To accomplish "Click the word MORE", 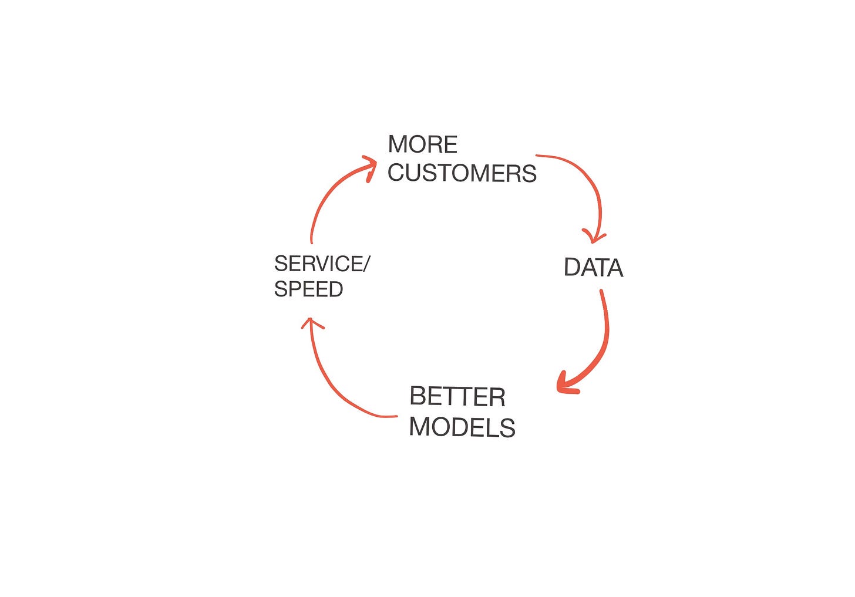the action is point(423,144).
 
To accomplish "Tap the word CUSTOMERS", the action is point(462,173).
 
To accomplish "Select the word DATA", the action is point(594,267).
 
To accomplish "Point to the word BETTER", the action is point(457,396).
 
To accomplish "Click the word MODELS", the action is point(462,427).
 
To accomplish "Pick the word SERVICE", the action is point(318,264).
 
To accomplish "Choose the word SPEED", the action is point(308,289).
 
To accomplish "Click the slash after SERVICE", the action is point(365,264).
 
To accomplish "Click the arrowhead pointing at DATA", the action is point(594,237).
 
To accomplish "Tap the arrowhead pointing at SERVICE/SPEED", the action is point(311,323).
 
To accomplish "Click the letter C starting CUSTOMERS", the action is point(396,173).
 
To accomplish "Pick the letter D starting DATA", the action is point(572,267).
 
